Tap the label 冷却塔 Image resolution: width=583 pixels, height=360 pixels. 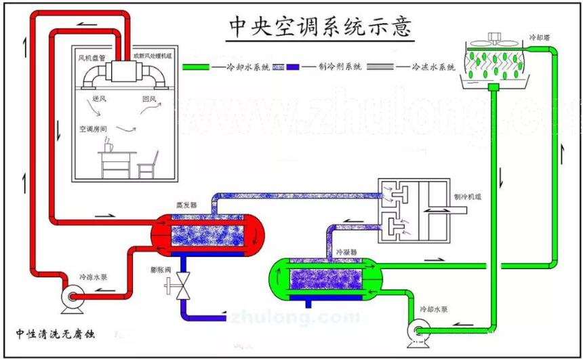coord(540,38)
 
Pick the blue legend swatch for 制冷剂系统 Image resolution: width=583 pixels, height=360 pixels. coord(292,67)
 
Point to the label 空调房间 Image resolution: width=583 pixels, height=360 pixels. coord(94,127)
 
